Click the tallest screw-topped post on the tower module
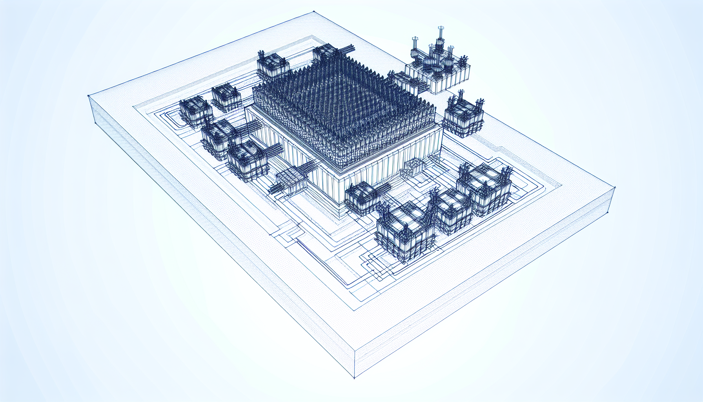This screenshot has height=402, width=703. coord(439,35)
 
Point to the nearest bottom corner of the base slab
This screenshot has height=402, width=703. coord(354,378)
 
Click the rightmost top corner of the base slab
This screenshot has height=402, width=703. coord(614,188)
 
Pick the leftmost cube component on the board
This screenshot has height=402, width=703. coord(195,112)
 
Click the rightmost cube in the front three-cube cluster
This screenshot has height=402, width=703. coord(486,188)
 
